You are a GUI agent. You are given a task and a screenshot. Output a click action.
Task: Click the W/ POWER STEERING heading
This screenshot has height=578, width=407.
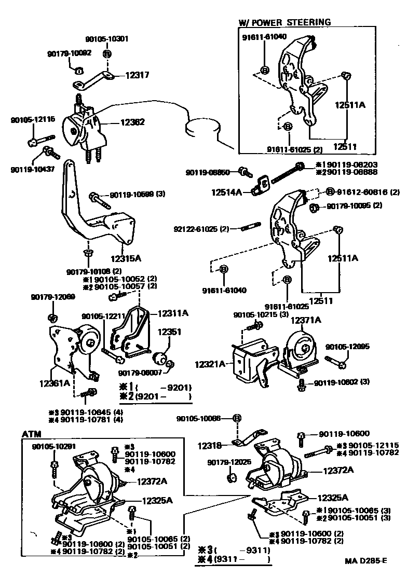pos(284,22)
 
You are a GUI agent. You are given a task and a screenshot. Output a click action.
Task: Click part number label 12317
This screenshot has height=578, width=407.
pos(137,75)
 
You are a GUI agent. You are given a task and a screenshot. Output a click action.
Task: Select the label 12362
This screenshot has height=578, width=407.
pos(132,122)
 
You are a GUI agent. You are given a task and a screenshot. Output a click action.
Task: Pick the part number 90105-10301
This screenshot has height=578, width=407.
pos(106,39)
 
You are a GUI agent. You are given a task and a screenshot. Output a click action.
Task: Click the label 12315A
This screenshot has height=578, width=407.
pos(126,257)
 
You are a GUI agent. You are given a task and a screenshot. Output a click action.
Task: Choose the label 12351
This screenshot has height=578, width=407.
pos(169,332)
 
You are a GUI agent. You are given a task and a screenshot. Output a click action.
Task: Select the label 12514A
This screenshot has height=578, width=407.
pos(226,192)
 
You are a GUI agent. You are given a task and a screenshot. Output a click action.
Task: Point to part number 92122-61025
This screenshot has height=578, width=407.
pos(202,229)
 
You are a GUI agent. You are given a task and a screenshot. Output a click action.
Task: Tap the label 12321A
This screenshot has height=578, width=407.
pos(210,365)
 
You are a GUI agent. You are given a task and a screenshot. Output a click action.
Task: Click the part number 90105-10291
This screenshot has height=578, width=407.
pos(53,446)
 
